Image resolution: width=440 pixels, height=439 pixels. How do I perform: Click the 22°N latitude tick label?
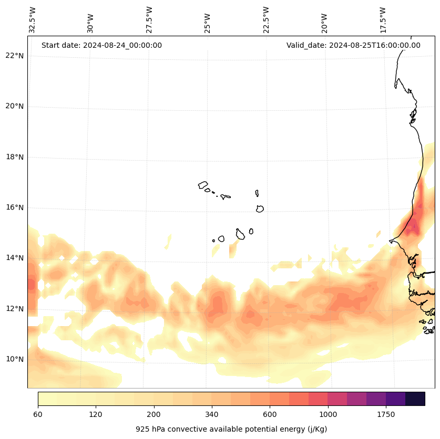pyautogui.click(x=15, y=56)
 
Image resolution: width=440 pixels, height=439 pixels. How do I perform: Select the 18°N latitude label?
pyautogui.click(x=15, y=157)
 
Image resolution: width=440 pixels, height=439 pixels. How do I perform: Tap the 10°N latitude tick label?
pyautogui.click(x=15, y=359)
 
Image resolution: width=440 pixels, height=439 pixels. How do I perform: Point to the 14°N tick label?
pyautogui.click(x=15, y=258)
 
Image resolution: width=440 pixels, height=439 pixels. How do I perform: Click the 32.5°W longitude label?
pyautogui.click(x=33, y=20)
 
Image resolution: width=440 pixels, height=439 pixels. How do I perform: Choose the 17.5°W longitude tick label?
pyautogui.click(x=383, y=20)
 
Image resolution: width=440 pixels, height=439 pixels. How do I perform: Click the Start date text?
pyautogui.click(x=101, y=45)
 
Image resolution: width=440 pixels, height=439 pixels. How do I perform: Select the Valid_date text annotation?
pyautogui.click(x=353, y=45)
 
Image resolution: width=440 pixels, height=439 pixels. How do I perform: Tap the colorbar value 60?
pyautogui.click(x=38, y=415)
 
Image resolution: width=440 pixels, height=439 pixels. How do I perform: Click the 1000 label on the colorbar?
pyautogui.click(x=328, y=415)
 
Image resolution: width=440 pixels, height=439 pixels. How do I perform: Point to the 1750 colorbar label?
pyautogui.click(x=386, y=415)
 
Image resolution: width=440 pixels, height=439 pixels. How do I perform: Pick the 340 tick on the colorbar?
pyautogui.click(x=212, y=415)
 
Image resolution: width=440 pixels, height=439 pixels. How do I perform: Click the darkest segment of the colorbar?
pyautogui.click(x=415, y=399)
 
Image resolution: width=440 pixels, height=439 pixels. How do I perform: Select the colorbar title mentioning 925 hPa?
pyautogui.click(x=231, y=429)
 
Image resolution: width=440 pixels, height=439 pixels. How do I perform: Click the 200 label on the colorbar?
pyautogui.click(x=154, y=415)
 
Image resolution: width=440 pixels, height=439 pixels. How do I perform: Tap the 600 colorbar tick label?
pyautogui.click(x=270, y=415)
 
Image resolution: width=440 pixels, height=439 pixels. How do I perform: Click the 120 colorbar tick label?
pyautogui.click(x=96, y=415)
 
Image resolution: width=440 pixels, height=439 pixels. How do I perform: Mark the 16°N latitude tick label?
pyautogui.click(x=15, y=207)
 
